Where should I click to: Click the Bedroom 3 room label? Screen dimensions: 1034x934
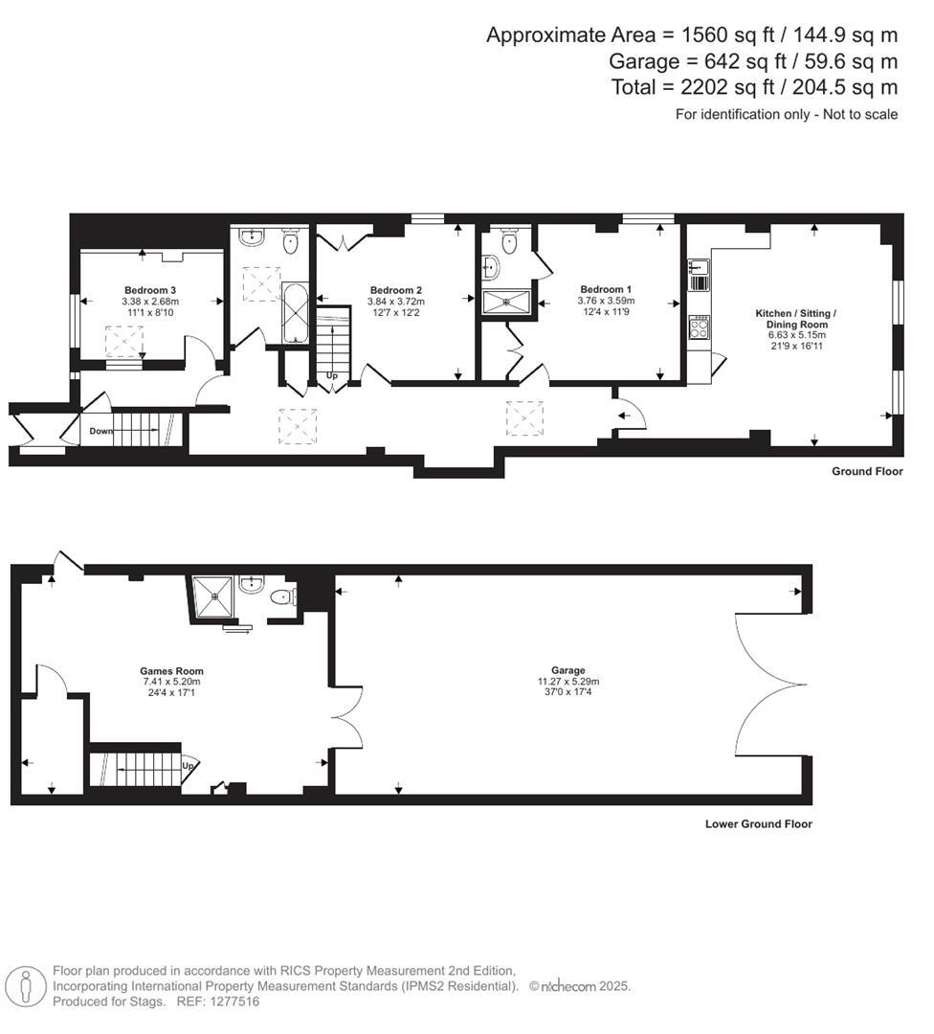pos(149,289)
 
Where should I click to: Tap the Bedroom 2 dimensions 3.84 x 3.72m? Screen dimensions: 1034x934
pos(396,302)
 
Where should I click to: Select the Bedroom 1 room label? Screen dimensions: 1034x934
pos(606,289)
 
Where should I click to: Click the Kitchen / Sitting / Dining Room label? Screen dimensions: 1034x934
pos(795,319)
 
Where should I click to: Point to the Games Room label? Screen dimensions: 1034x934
pos(172,671)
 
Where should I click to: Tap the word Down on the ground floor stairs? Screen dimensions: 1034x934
pos(100,431)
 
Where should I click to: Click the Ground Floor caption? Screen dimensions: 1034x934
pos(867,471)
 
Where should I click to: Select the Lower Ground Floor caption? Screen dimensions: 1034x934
pos(758,823)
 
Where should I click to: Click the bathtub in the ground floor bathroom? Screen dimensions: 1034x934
pos(295,313)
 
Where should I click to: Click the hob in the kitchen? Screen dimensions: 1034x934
pos(699,327)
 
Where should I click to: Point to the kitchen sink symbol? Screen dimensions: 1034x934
pos(698,274)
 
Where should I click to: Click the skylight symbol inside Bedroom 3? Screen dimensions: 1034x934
pos(124,341)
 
